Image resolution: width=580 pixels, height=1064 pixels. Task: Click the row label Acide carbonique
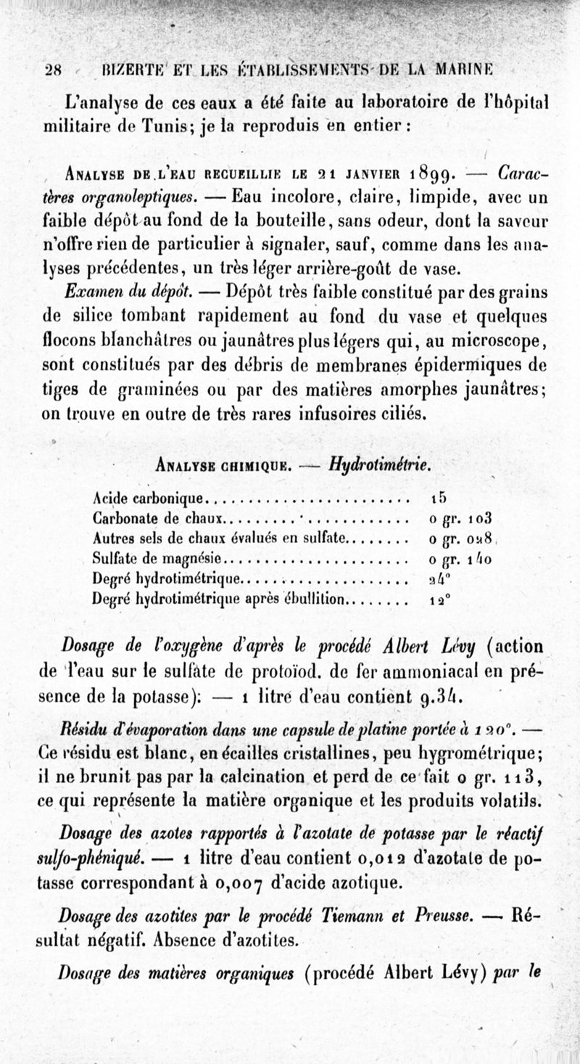(x=150, y=500)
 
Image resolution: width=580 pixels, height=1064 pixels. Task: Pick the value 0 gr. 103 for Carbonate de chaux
(x=460, y=520)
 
